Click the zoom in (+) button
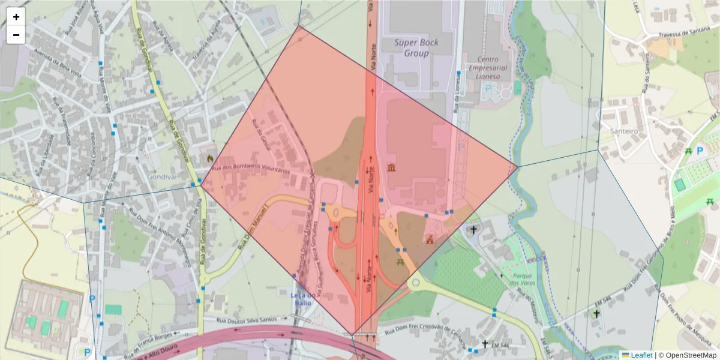click(x=16, y=17)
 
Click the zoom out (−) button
click(x=16, y=35)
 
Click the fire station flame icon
click(x=209, y=158)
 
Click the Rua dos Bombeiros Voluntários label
click(x=255, y=169)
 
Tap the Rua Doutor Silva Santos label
click(x=247, y=320)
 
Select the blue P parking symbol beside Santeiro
click(x=700, y=152)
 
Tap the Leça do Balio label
click(x=303, y=299)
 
